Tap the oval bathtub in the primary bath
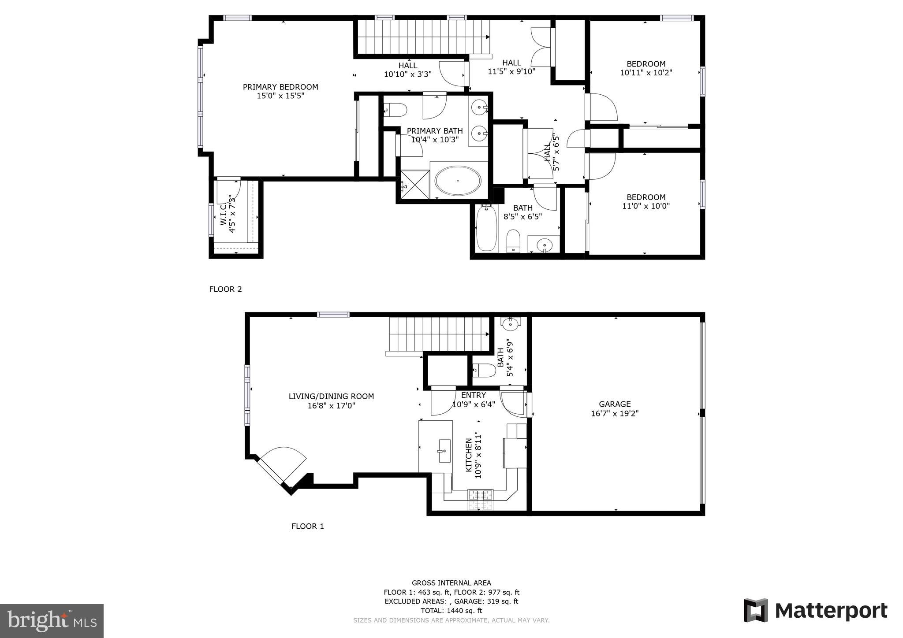pyautogui.click(x=458, y=181)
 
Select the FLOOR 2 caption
pyautogui.click(x=225, y=289)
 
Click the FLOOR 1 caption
pyautogui.click(x=307, y=526)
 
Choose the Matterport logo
pyautogui.click(x=815, y=611)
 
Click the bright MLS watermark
pyautogui.click(x=52, y=621)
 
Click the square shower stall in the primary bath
pyautogui.click(x=414, y=185)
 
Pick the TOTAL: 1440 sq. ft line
pyautogui.click(x=451, y=611)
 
